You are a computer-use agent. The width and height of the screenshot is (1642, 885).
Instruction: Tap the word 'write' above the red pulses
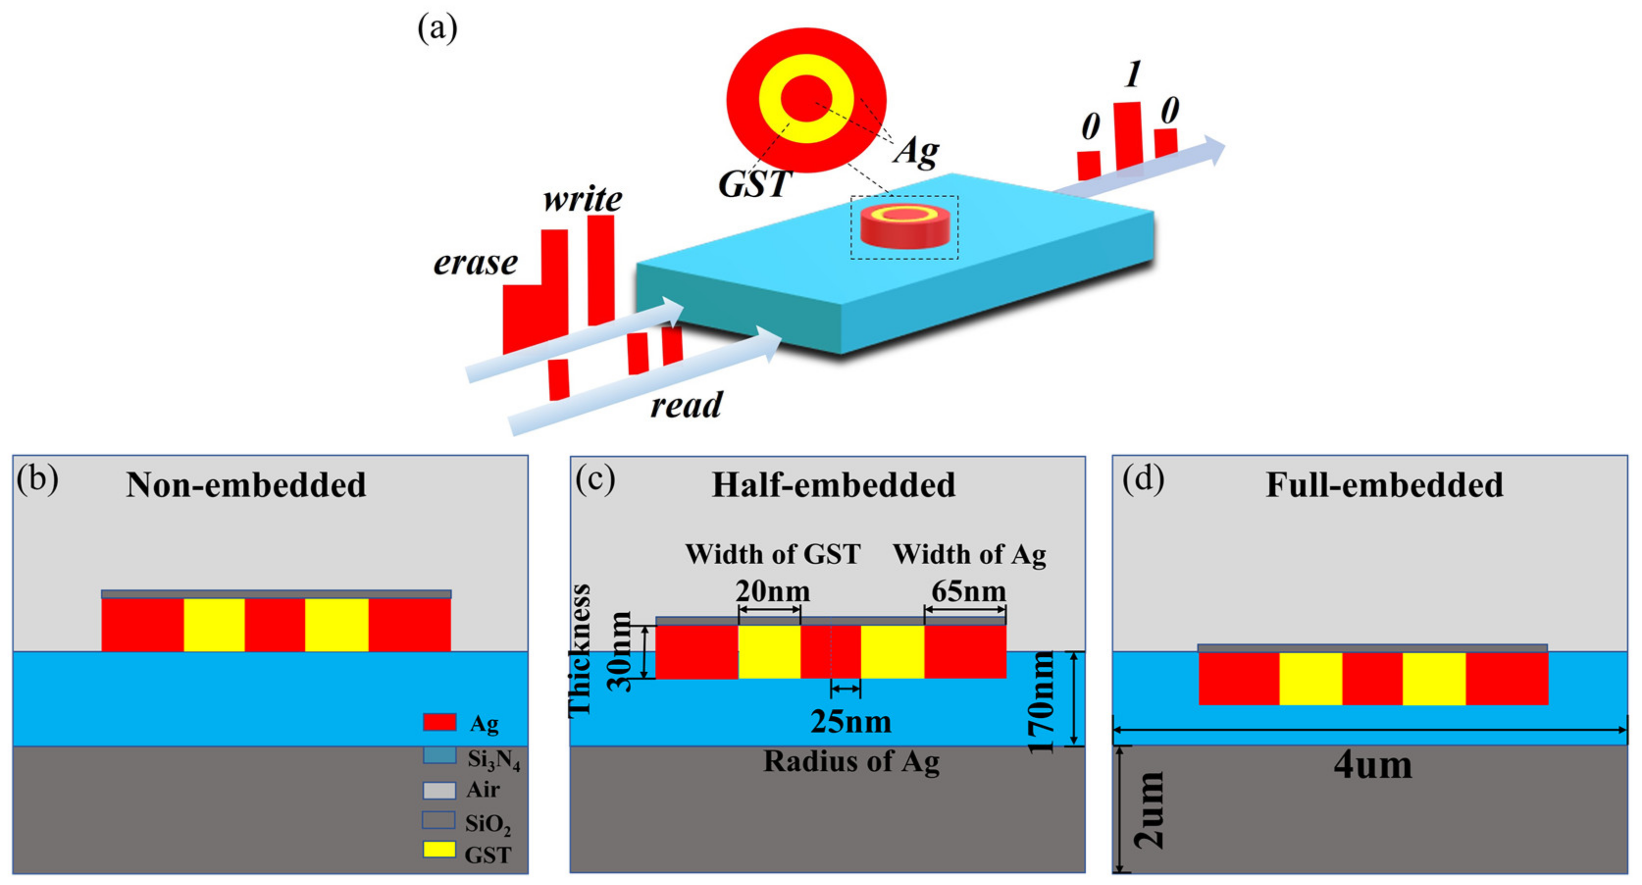[583, 200]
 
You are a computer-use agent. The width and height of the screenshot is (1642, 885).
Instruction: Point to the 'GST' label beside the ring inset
[754, 185]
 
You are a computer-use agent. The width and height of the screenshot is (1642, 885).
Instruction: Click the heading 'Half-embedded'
[833, 485]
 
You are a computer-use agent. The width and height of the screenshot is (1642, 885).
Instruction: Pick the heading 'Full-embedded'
[1384, 485]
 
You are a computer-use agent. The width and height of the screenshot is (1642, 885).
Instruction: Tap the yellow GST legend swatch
[439, 850]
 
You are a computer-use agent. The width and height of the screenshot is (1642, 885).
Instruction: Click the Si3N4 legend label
[493, 759]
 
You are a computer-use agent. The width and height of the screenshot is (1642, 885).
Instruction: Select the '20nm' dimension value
[772, 592]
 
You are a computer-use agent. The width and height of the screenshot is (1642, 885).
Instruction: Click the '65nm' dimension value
[968, 592]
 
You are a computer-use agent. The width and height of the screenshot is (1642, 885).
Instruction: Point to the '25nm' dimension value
[851, 723]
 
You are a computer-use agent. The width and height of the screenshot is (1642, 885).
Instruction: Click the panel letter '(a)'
[437, 28]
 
